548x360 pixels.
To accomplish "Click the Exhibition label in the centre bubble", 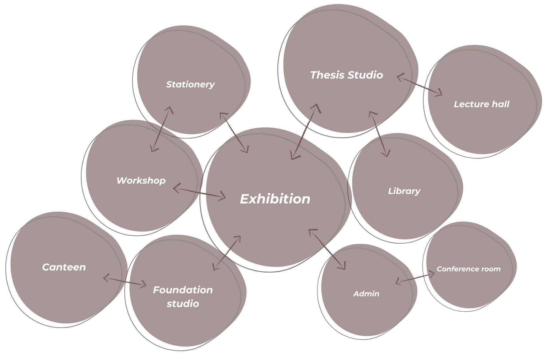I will [275, 199].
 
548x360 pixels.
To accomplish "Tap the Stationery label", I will [190, 84].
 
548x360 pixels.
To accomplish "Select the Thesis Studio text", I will [346, 75].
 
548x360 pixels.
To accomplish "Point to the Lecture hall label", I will [481, 104].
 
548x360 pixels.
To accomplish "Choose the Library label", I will [404, 191].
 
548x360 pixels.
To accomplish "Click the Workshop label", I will [141, 180].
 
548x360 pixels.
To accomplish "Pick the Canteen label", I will [64, 267].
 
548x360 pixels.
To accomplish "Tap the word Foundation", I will [183, 290].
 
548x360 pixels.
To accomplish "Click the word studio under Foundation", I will [183, 304].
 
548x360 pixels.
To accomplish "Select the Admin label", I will [366, 294].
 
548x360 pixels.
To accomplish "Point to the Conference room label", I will [469, 269].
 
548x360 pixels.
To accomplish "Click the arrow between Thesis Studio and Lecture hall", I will [420, 85].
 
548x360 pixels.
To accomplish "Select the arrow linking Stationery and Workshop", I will [161, 129].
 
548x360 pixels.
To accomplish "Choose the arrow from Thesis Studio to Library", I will [379, 134].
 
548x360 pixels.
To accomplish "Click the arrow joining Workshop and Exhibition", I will [199, 193].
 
